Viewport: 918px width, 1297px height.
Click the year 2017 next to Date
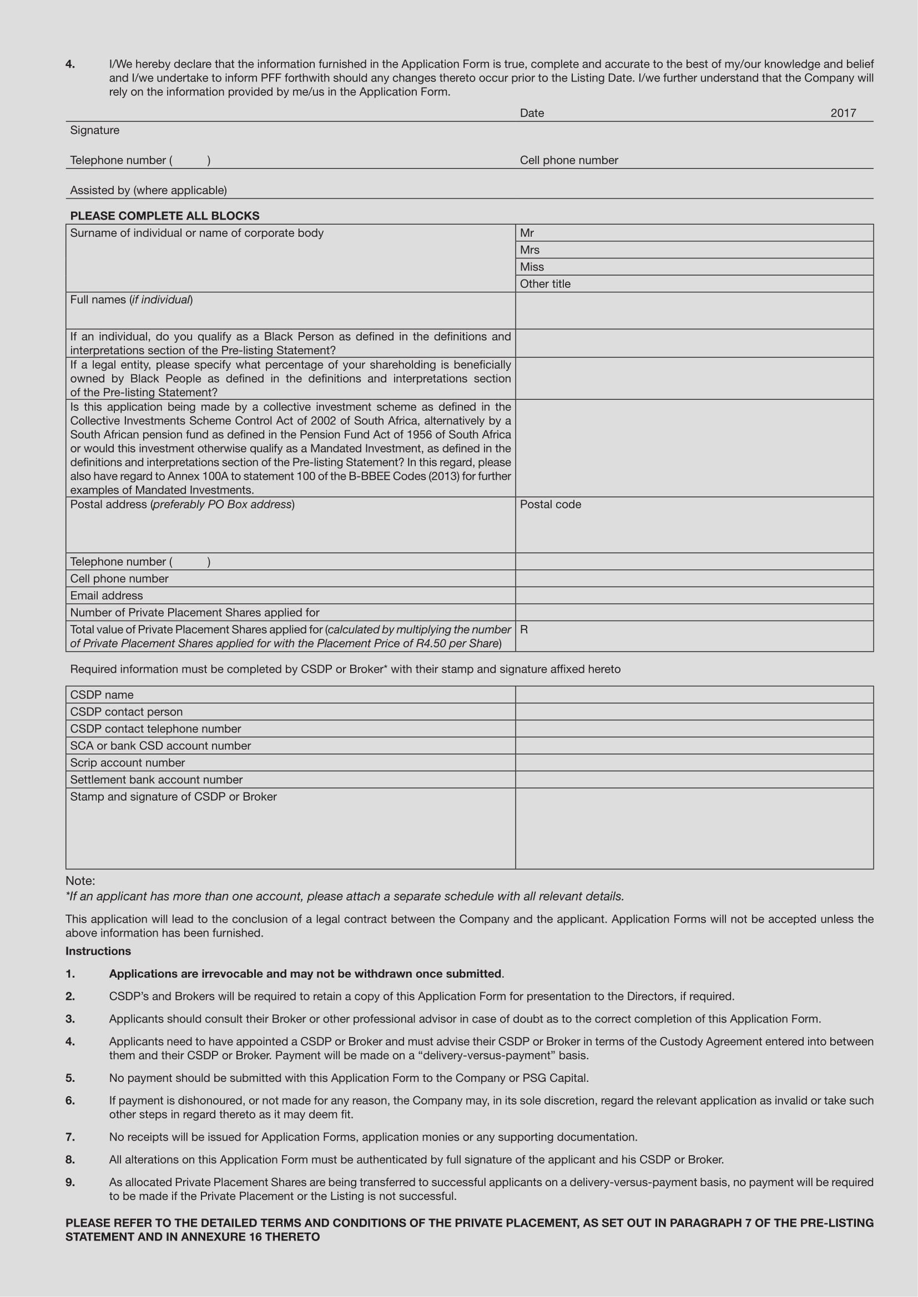pyautogui.click(x=843, y=113)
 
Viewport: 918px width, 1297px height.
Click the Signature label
pyautogui.click(x=94, y=130)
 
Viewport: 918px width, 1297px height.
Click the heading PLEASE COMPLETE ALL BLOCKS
pyautogui.click(x=164, y=216)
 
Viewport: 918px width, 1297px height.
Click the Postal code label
pyautogui.click(x=550, y=505)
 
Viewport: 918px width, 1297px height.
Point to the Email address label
pyautogui.click(x=106, y=596)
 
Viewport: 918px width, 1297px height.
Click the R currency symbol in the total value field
pyautogui.click(x=524, y=629)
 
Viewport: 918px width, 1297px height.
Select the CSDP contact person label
pyautogui.click(x=126, y=712)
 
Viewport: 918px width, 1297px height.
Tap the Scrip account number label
pyautogui.click(x=127, y=762)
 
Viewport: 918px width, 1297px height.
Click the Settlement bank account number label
pyautogui.click(x=156, y=780)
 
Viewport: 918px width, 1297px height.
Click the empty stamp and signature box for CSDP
pyautogui.click(x=694, y=828)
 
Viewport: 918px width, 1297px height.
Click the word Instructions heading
pyautogui.click(x=98, y=952)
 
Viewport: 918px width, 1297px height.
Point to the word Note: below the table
pyautogui.click(x=80, y=881)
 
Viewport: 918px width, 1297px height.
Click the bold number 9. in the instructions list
pyautogui.click(x=70, y=1182)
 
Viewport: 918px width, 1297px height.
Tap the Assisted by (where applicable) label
pyautogui.click(x=148, y=190)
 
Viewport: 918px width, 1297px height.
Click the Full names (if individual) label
pyautogui.click(x=131, y=300)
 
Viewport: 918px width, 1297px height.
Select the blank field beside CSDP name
pyautogui.click(x=694, y=695)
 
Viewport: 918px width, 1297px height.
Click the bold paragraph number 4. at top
pyautogui.click(x=70, y=64)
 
